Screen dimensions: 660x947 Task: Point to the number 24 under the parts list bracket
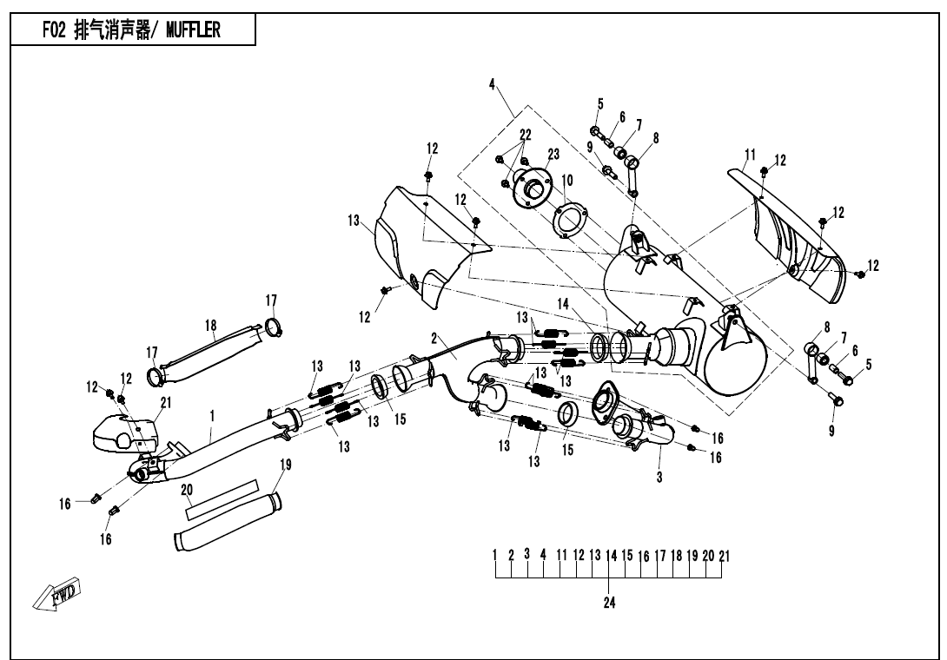(609, 603)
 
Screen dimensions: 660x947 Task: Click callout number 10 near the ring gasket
(566, 180)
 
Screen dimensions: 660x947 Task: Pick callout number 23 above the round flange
(553, 153)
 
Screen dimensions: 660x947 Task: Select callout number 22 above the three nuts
(525, 135)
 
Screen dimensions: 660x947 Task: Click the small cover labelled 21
(121, 432)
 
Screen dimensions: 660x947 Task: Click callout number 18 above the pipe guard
(210, 325)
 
